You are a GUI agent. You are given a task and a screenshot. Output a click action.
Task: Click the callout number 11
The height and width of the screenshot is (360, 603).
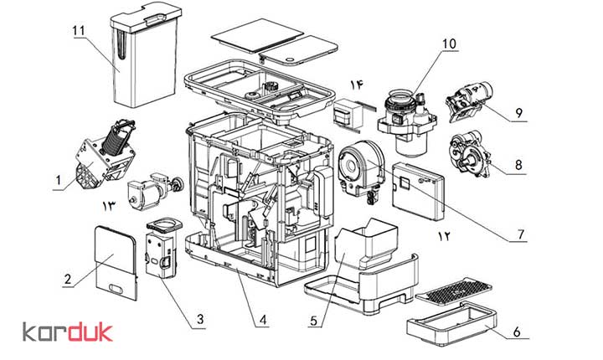(79, 31)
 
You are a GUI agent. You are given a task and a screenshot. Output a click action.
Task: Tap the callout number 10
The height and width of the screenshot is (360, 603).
(449, 44)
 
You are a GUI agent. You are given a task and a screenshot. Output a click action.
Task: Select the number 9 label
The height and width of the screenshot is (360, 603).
(519, 113)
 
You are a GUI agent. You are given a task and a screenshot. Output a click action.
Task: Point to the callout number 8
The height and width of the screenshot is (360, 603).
(518, 165)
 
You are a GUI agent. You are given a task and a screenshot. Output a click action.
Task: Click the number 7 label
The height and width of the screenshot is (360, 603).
(521, 234)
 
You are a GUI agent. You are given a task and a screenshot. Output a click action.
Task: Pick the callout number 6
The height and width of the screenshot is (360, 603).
(517, 332)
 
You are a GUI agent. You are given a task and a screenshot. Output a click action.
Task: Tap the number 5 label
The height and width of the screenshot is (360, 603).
(314, 321)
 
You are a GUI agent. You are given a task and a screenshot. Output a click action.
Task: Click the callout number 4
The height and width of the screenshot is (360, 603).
(263, 320)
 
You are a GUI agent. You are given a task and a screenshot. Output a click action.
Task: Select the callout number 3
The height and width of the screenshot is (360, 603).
(200, 319)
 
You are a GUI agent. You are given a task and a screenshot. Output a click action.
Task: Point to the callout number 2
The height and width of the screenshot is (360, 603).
(68, 279)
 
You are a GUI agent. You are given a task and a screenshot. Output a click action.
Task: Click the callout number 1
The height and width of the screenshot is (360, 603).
(59, 180)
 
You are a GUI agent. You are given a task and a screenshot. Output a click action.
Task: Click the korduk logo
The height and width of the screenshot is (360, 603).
(68, 332)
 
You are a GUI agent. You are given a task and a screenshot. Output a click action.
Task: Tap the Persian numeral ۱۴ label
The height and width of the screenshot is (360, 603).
(357, 85)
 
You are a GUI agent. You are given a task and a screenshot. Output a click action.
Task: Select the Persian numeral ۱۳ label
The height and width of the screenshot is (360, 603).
(108, 206)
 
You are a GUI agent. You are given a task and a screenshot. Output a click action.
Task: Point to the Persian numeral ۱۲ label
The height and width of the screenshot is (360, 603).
(443, 236)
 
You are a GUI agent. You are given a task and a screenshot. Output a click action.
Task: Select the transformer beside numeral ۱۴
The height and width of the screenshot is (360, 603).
(349, 112)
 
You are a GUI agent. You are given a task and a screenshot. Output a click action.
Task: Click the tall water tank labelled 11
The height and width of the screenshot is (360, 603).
(146, 56)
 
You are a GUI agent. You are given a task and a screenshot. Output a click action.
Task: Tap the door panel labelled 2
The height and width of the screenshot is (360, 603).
(116, 263)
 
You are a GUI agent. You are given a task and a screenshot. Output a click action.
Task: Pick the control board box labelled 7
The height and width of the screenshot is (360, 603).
(418, 191)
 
